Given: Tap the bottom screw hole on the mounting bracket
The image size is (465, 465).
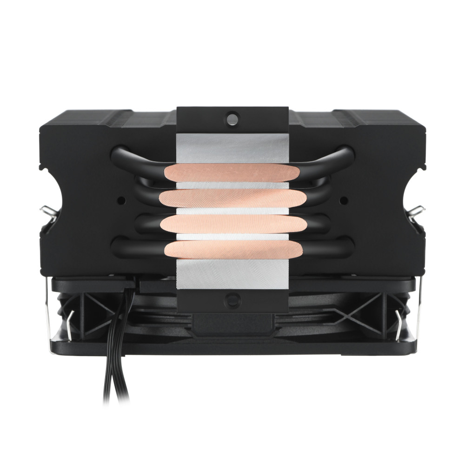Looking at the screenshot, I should (232, 300).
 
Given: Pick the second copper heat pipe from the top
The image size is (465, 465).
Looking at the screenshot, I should (232, 199).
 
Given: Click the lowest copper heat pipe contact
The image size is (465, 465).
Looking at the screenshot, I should (232, 249).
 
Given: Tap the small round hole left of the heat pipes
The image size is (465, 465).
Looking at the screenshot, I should (121, 200).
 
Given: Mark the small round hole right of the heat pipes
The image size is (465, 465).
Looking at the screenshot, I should (344, 200).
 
